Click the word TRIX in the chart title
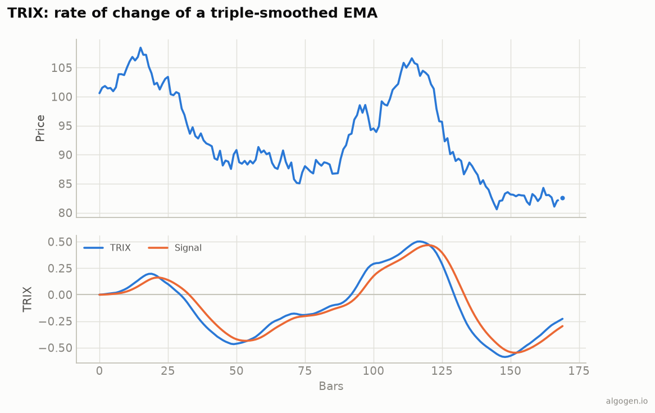[x=25, y=13]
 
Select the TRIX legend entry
[x=107, y=248]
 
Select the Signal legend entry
[x=175, y=248]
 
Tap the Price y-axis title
[x=40, y=128]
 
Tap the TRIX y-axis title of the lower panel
[x=28, y=299]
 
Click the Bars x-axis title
[x=331, y=386]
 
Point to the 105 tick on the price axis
[x=61, y=68]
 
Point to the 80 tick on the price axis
[x=65, y=213]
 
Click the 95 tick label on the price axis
[x=65, y=126]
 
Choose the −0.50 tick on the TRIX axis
[x=56, y=348]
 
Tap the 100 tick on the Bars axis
[x=374, y=371]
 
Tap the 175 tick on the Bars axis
[x=579, y=371]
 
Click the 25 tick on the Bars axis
[x=168, y=371]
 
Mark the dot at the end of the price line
[x=562, y=198]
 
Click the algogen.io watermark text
[x=627, y=401]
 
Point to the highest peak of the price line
[x=140, y=48]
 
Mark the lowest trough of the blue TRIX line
[x=504, y=357]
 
